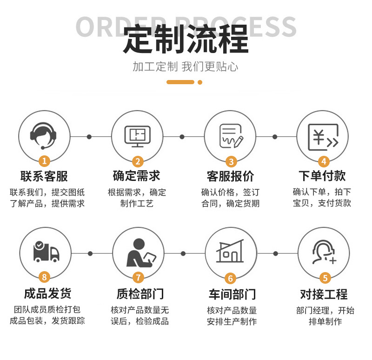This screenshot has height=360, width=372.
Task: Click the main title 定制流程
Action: pos(186,40)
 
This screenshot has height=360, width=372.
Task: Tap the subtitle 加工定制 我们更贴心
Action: pos(186,67)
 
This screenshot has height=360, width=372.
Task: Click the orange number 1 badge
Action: pos(44,161)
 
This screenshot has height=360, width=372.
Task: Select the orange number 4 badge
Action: pos(324,161)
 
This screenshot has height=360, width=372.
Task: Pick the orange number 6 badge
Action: pos(231,278)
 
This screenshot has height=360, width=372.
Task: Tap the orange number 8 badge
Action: pos(45,277)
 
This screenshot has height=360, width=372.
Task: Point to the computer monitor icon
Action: pos(138,136)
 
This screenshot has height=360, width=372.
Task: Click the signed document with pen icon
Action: pos(231,135)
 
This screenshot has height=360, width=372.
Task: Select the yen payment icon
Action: pos(323,136)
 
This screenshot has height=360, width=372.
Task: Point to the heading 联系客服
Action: pos(44,176)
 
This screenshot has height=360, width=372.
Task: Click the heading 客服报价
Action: pos(231,176)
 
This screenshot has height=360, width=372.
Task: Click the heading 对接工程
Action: pos(324,294)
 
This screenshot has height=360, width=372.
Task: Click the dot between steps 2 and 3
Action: pos(182,137)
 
